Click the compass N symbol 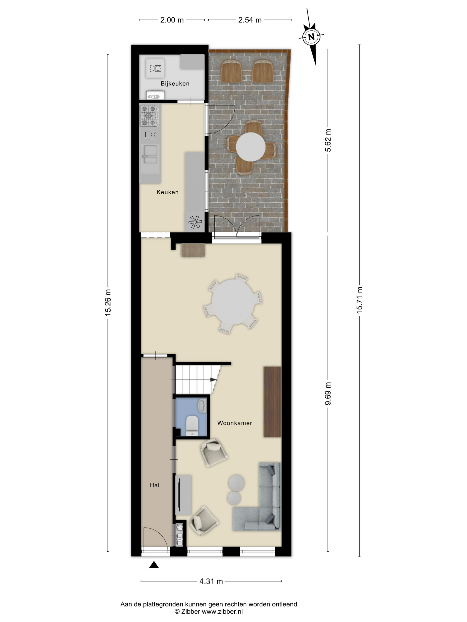311,37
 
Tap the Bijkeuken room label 175,84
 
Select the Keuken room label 167,192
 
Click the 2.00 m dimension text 172,20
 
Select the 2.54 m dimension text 250,20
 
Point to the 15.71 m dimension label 359,300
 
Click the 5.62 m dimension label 328,140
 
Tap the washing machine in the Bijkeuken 155,68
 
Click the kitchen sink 150,154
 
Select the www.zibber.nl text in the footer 222,612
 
